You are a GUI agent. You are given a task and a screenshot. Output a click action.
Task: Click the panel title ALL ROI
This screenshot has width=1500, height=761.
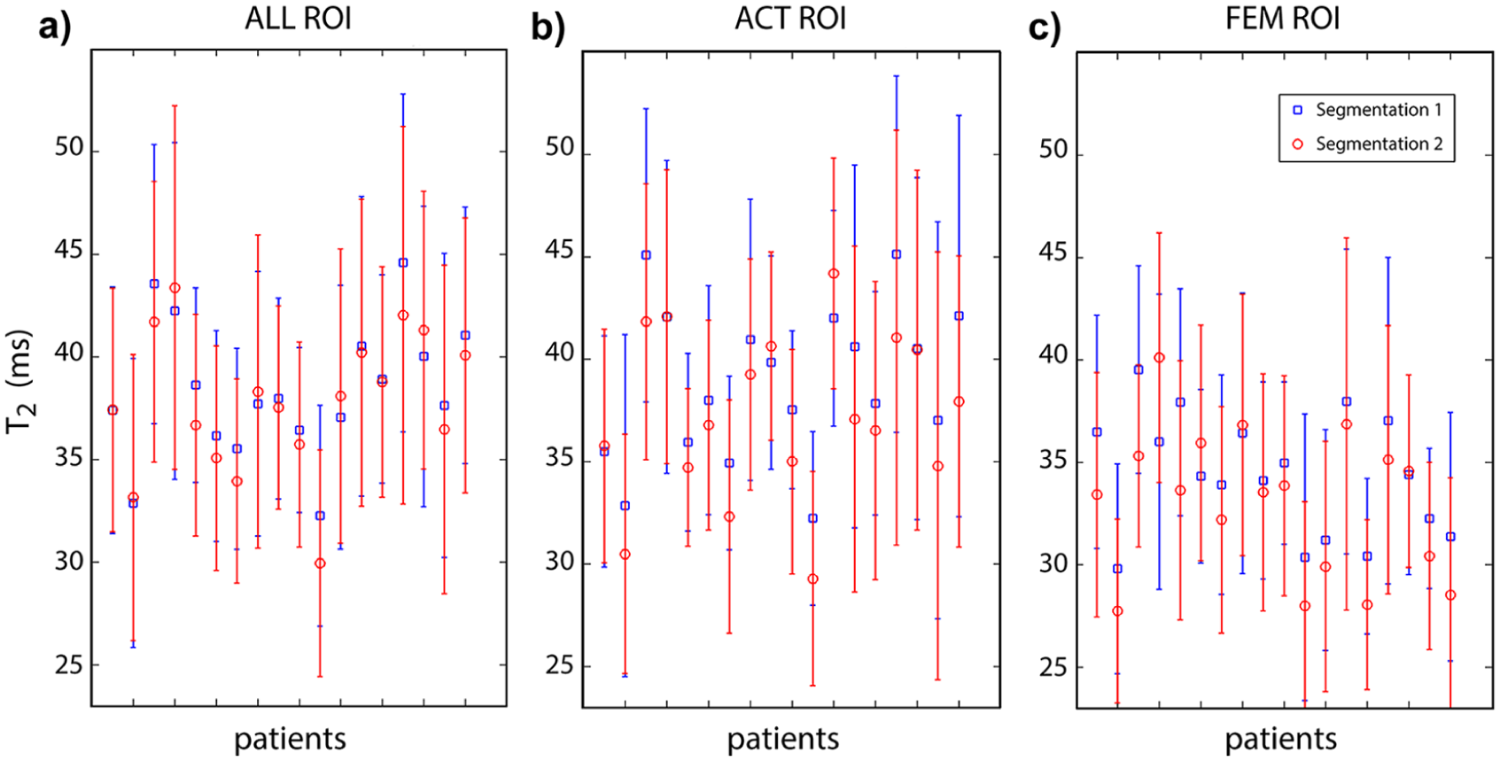[298, 19]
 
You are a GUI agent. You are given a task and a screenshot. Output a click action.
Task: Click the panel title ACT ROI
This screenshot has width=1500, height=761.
[791, 19]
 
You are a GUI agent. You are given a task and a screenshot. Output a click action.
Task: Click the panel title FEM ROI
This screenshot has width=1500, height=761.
[1282, 19]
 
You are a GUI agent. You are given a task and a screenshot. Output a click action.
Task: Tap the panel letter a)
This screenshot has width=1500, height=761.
[55, 28]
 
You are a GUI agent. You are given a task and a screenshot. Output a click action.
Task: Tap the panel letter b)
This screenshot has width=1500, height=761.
[548, 28]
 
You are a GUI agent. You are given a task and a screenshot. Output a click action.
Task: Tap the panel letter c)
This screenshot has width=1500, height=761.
[1045, 28]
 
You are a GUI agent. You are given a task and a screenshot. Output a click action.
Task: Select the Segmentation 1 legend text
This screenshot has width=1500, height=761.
[1379, 110]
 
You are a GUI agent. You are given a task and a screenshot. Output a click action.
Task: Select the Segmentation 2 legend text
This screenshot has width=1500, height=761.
[1379, 144]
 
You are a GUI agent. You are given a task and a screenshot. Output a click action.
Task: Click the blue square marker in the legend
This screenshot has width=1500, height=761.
[1298, 110]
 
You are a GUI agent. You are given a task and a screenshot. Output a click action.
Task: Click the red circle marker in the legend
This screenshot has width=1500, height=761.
[1298, 144]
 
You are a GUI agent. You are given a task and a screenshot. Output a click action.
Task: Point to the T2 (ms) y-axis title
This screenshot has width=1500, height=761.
[20, 382]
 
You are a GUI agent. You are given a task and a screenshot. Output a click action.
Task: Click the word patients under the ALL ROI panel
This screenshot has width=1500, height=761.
[290, 740]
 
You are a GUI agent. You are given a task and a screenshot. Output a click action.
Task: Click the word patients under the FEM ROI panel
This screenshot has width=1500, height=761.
[1281, 740]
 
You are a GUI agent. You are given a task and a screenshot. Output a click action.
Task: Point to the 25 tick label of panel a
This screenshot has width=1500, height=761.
[70, 664]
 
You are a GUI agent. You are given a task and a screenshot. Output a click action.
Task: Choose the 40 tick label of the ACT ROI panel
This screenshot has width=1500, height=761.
[561, 353]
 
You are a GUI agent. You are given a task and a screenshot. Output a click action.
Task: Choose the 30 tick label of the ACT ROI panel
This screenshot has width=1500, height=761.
[561, 561]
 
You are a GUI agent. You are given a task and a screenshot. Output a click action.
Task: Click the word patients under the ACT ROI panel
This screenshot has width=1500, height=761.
[783, 740]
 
